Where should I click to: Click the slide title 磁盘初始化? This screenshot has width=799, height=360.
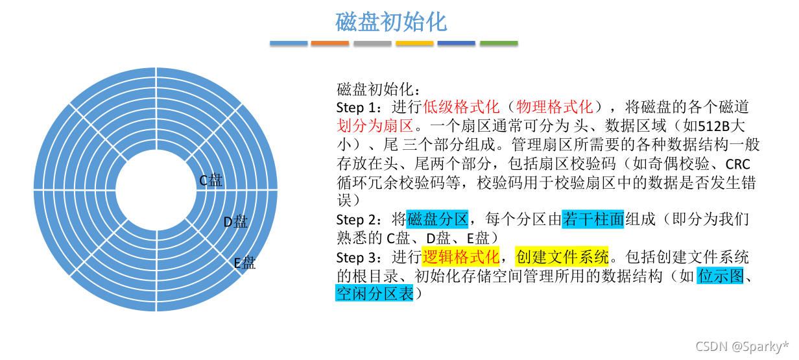pyautogui.click(x=391, y=21)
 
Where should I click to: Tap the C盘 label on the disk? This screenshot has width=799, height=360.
pyautogui.click(x=211, y=180)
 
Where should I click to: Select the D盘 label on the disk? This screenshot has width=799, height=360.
pyautogui.click(x=235, y=222)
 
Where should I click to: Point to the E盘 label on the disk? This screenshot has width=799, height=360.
pyautogui.click(x=244, y=263)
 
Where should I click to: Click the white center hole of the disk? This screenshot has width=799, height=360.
pyautogui.click(x=156, y=189)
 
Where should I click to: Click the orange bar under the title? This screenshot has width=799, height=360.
pyautogui.click(x=330, y=43)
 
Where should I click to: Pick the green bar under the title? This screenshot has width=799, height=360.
pyautogui.click(x=499, y=43)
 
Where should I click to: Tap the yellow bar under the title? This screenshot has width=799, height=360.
pyautogui.click(x=414, y=43)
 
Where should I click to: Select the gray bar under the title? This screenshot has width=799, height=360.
pyautogui.click(x=372, y=43)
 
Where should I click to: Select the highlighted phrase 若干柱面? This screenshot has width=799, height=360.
pyautogui.click(x=593, y=219)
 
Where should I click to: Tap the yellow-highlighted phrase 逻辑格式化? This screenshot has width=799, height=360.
pyautogui.click(x=460, y=257)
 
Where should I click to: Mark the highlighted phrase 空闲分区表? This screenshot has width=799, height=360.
pyautogui.click(x=375, y=294)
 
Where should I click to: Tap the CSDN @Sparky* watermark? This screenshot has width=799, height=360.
pyautogui.click(x=742, y=346)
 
